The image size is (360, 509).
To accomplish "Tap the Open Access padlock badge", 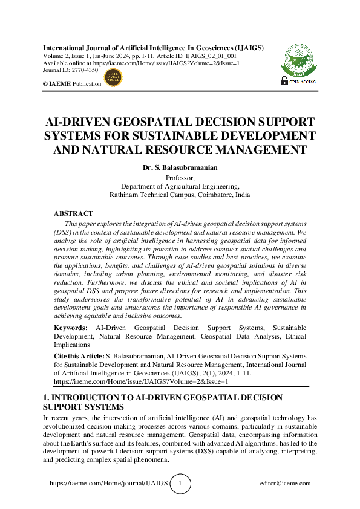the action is [297, 80].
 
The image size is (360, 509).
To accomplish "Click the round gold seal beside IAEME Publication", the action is [113, 77].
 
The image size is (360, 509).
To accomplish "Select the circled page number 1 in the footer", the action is [180, 484].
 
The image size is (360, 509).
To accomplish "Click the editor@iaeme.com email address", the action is [285, 484].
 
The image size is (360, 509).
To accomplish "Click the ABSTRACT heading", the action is [73, 213].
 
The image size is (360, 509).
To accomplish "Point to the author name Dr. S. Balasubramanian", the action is [180, 167].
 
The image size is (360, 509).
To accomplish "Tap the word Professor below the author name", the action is [180, 177].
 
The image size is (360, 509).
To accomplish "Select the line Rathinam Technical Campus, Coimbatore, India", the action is [180, 195].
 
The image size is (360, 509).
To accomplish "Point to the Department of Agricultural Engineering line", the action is [180, 186].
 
